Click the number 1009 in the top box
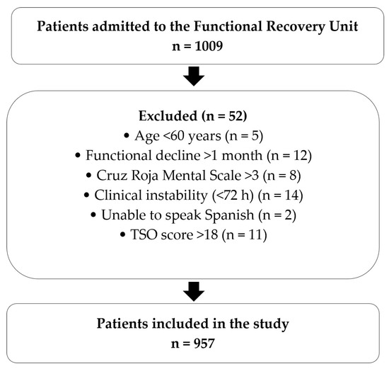(209, 46)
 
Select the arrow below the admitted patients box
(194, 76)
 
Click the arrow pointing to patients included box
(194, 292)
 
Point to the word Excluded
(168, 115)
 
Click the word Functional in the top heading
(228, 26)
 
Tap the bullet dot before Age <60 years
(127, 136)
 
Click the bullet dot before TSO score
(122, 234)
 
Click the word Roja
(144, 176)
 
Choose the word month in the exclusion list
(242, 156)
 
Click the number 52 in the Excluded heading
(235, 115)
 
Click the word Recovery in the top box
(295, 27)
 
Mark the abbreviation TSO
(144, 234)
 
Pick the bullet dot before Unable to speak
(93, 215)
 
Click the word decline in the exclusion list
(178, 156)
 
